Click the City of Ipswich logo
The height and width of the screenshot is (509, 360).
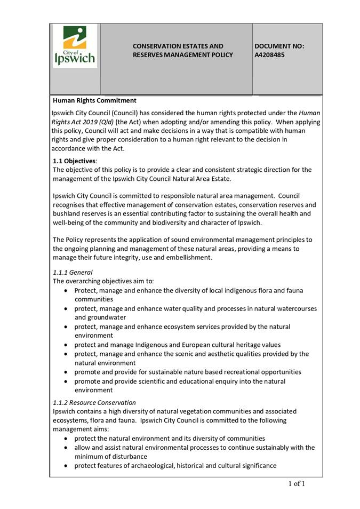[x=75, y=47]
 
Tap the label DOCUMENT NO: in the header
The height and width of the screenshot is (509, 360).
[x=279, y=46]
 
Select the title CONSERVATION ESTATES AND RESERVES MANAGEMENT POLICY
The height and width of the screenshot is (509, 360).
[x=182, y=51]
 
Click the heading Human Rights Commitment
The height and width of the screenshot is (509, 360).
[x=94, y=100]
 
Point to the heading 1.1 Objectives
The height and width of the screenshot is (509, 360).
[x=75, y=161]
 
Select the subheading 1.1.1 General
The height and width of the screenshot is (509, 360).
[x=73, y=272]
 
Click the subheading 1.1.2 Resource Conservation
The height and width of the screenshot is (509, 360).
[x=94, y=402]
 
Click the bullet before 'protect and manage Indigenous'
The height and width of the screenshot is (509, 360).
[x=65, y=345]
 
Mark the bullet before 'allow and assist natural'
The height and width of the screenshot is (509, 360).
[x=65, y=448]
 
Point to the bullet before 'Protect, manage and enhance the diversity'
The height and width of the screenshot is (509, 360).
[x=65, y=291]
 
